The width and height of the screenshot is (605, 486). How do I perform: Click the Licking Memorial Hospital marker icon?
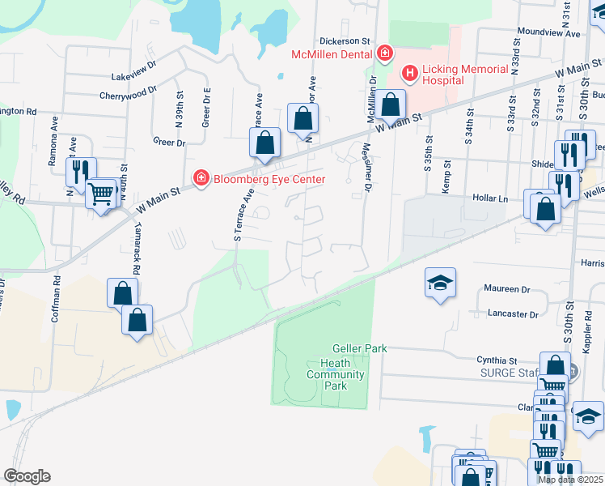click(410, 75)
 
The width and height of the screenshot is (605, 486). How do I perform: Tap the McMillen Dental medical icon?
click(385, 54)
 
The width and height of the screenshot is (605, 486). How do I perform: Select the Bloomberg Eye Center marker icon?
click(200, 177)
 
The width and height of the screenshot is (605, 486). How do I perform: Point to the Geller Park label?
click(364, 348)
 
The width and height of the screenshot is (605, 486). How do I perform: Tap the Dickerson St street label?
click(344, 40)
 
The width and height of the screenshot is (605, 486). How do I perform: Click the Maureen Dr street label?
click(507, 289)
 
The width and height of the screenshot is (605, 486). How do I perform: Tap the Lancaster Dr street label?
click(513, 313)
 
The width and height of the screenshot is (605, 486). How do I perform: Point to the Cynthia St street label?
click(497, 360)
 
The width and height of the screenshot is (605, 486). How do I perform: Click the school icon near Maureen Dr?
click(440, 283)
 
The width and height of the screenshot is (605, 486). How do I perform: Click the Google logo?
click(27, 476)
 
